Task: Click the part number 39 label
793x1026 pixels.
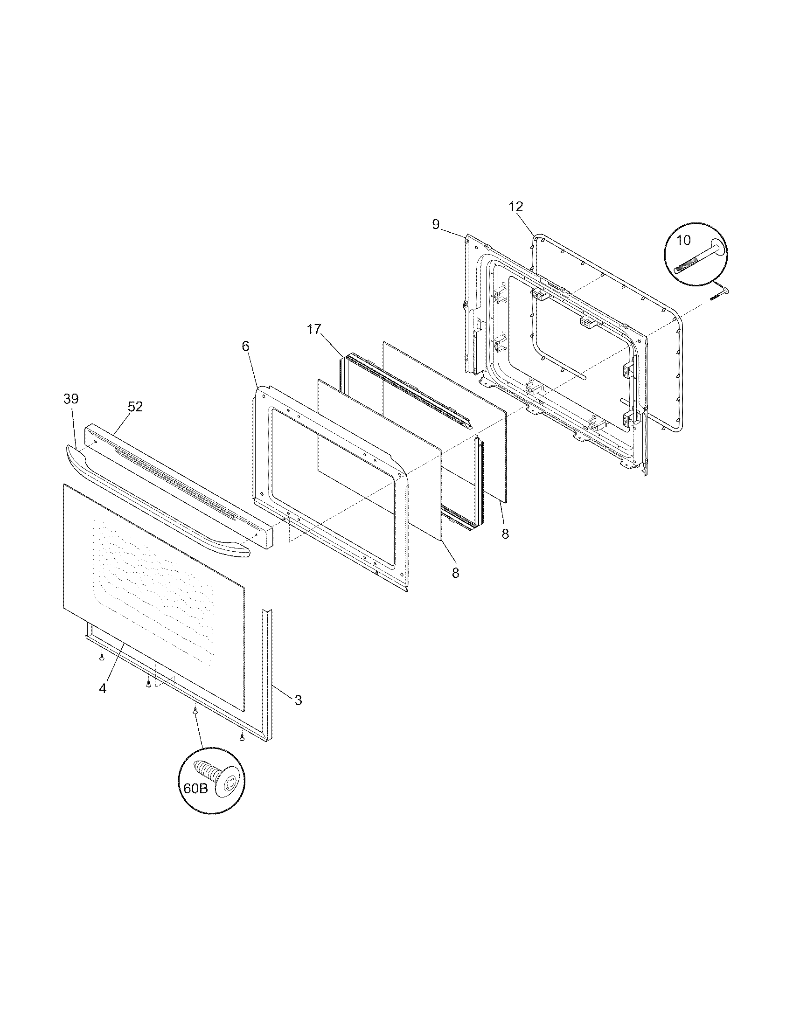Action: tap(71, 399)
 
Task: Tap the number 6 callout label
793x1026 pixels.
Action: tap(245, 346)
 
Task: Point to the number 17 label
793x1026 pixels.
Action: tap(314, 329)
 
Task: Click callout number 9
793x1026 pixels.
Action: tap(436, 225)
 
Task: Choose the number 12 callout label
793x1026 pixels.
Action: tap(515, 207)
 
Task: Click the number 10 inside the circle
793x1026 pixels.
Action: tap(683, 240)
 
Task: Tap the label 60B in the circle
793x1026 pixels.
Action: tap(195, 788)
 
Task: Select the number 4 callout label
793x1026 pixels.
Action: tap(103, 688)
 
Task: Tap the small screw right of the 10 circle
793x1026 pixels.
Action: tap(719, 295)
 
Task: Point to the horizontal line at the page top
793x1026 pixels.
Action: tap(605, 94)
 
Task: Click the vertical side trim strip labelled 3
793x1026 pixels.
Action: tap(269, 677)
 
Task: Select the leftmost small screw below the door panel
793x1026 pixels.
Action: tap(101, 656)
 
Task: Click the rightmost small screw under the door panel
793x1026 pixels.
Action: tap(242, 737)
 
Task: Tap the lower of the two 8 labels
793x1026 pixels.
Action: tap(455, 573)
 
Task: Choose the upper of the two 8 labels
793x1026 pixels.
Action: tap(505, 534)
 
